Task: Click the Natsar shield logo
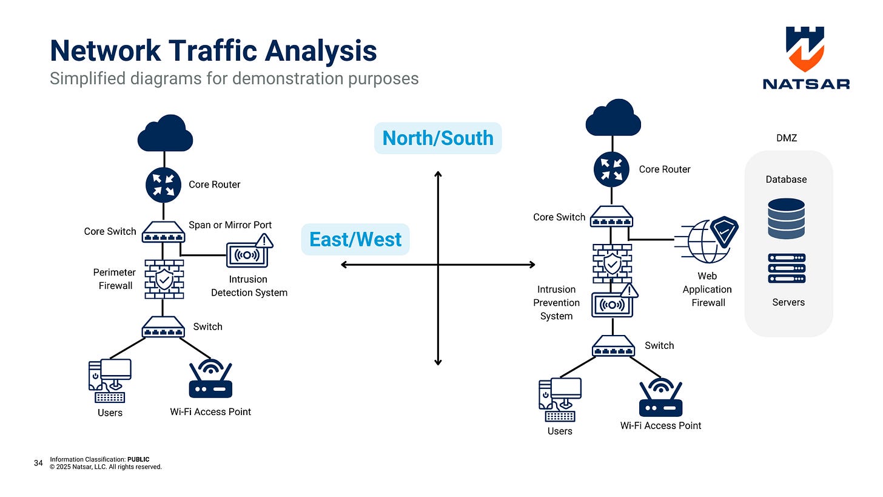(x=805, y=49)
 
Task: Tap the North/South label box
(x=438, y=138)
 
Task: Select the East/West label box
(x=355, y=240)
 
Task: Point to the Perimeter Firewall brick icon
(x=164, y=279)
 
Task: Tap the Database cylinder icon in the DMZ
(x=786, y=218)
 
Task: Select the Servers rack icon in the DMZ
(x=787, y=268)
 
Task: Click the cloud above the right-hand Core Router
(x=613, y=118)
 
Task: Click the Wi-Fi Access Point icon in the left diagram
(x=210, y=380)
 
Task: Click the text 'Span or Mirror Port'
(x=230, y=225)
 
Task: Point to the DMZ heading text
(x=786, y=138)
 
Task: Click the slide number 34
(x=38, y=463)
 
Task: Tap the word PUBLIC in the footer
(x=138, y=459)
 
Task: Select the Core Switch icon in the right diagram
(x=612, y=216)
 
